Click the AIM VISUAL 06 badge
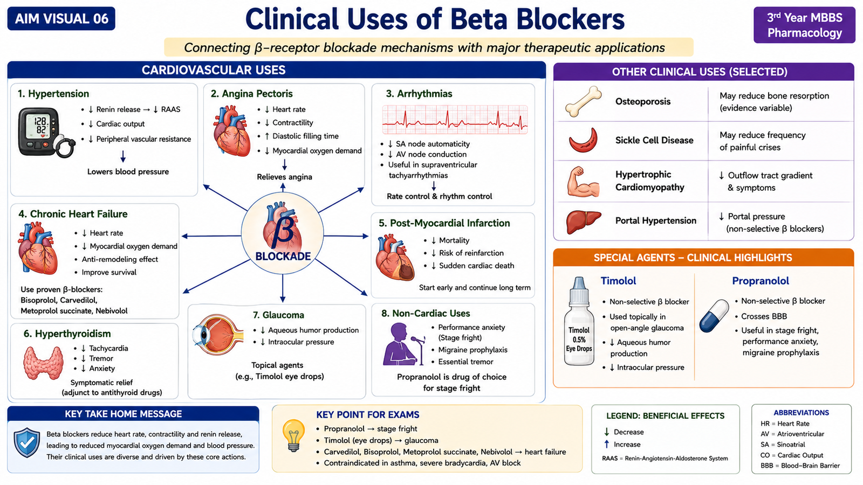[61, 18]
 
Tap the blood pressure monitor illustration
[46, 133]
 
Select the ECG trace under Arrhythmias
[455, 120]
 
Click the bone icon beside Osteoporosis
[583, 101]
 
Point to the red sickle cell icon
[583, 140]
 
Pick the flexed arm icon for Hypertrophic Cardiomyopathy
[583, 182]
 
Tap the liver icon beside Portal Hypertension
[583, 221]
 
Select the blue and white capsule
[714, 316]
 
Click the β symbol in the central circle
[283, 233]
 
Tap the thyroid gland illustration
[43, 363]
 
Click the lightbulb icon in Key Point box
[293, 435]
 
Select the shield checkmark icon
[26, 442]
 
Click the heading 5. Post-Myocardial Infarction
[444, 223]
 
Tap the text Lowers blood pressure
[128, 172]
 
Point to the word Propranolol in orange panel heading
[761, 281]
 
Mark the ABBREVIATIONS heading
[802, 413]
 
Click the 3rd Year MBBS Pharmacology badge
[804, 25]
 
